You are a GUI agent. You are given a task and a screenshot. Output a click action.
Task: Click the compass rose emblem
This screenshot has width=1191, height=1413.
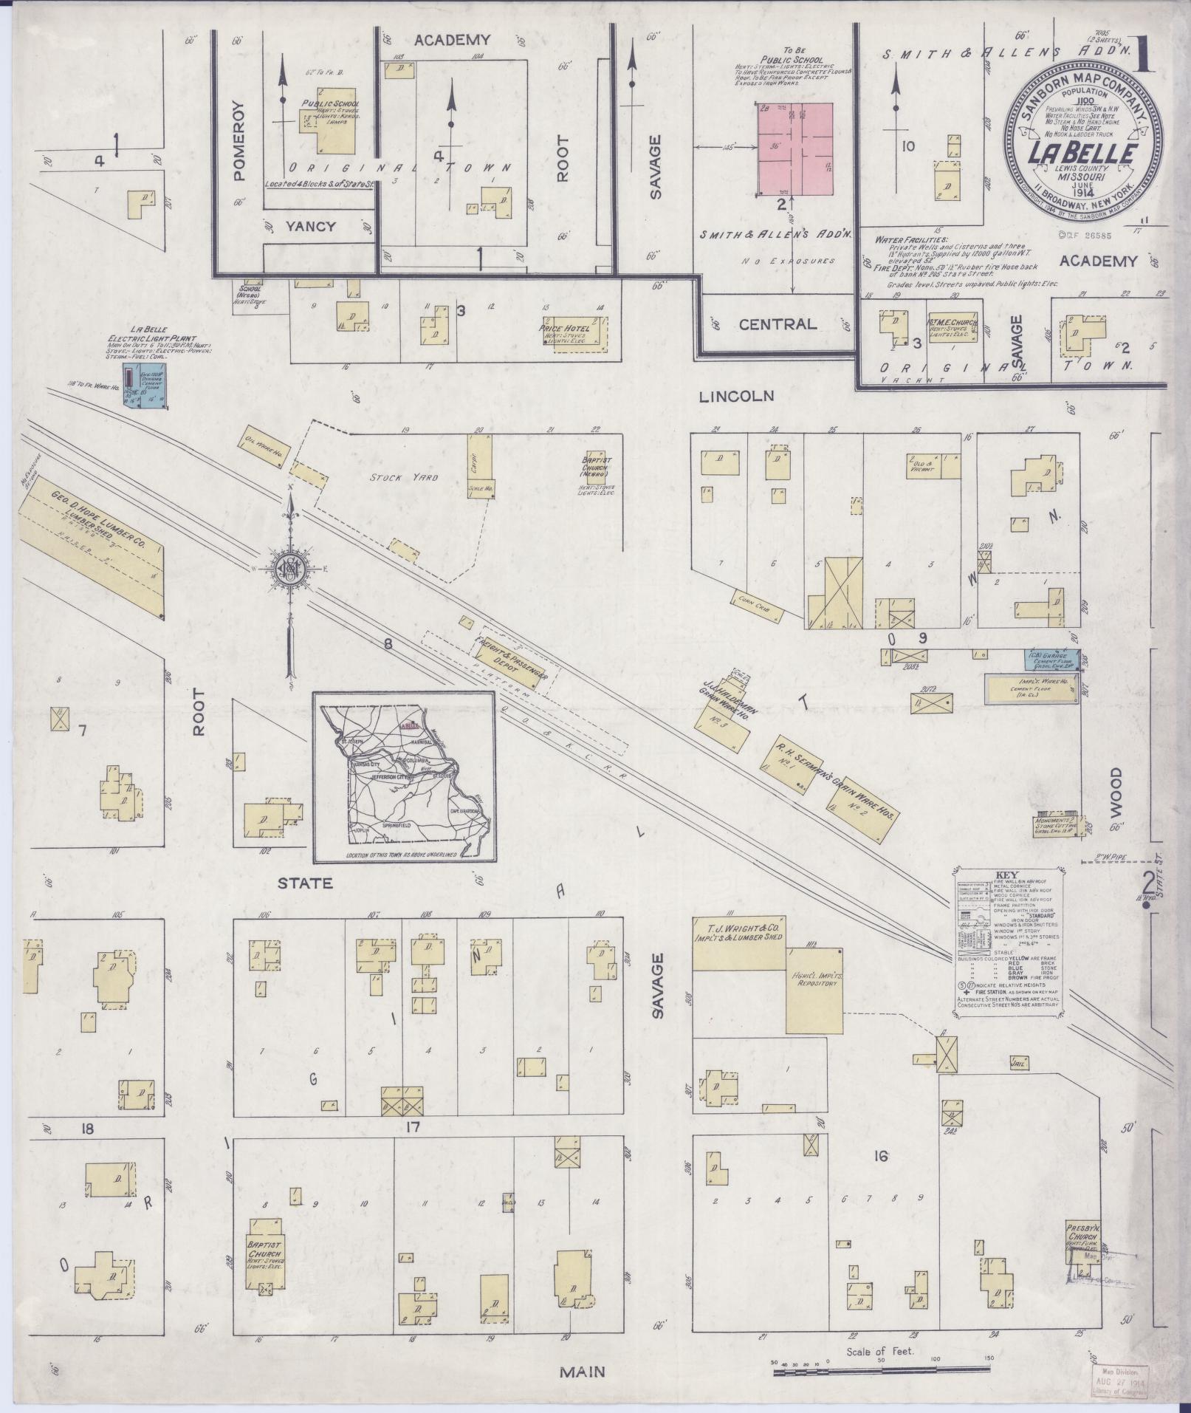(291, 569)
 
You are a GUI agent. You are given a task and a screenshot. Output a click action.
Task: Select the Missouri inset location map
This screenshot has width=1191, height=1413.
(403, 777)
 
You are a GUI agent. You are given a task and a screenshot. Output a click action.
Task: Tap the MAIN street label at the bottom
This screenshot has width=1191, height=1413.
(582, 1372)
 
